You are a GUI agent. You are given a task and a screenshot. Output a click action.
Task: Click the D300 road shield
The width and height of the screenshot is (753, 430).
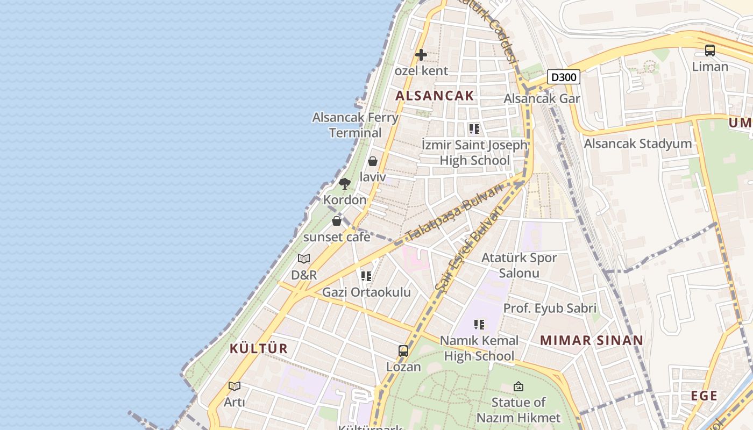click(x=564, y=77)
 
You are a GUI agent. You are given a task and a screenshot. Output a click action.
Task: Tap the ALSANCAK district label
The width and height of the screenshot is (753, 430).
click(x=435, y=96)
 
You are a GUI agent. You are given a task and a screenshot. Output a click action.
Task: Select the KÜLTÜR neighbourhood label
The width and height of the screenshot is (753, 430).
click(x=259, y=348)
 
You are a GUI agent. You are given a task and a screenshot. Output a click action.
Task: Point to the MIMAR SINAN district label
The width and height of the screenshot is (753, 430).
click(x=592, y=340)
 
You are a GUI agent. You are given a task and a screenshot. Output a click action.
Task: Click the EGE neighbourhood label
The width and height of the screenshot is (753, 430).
click(x=704, y=396)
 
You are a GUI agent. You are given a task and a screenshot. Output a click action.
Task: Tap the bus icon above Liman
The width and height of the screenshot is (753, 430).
click(x=710, y=51)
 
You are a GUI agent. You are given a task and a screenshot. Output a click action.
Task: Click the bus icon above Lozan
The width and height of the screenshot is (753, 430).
click(x=403, y=351)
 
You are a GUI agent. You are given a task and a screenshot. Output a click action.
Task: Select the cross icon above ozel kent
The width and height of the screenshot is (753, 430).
click(x=421, y=55)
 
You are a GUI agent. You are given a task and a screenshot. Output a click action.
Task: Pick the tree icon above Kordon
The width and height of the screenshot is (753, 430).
click(x=345, y=184)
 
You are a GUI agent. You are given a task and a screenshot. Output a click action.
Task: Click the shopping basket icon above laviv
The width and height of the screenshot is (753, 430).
click(x=373, y=161)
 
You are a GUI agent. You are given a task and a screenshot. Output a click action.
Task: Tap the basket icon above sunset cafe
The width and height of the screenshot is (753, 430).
click(x=337, y=221)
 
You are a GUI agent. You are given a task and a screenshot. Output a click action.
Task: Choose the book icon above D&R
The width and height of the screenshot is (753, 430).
click(x=304, y=259)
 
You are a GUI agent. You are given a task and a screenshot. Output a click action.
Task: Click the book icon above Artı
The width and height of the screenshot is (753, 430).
click(x=234, y=386)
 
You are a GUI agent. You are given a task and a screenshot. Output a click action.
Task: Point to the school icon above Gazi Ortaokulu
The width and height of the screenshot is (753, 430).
click(x=366, y=276)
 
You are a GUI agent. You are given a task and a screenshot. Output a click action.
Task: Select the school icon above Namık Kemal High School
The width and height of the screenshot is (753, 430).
click(x=479, y=325)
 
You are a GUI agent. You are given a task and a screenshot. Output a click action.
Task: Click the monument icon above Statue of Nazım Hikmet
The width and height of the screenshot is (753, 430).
click(x=518, y=386)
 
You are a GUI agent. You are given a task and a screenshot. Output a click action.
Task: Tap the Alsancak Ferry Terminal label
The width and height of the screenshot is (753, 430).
click(x=356, y=125)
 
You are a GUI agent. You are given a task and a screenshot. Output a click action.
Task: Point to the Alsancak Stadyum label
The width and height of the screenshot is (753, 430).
click(x=638, y=144)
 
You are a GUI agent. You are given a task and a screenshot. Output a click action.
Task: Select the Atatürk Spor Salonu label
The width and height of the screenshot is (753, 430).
click(x=519, y=265)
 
